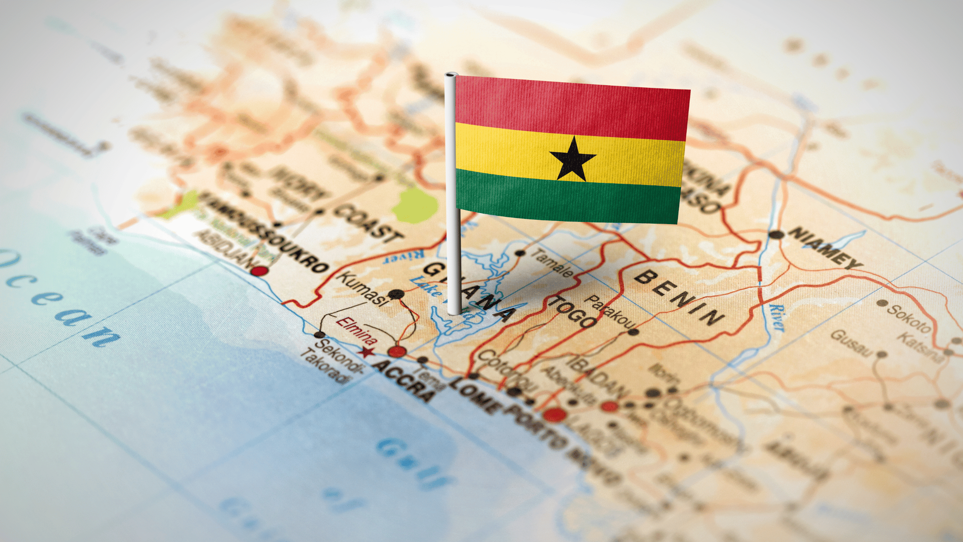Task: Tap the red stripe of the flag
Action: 572,108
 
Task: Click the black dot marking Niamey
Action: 776,235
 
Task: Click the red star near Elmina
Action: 366,352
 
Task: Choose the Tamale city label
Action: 552,262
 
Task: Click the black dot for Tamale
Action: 520,253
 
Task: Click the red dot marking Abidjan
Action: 259,271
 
